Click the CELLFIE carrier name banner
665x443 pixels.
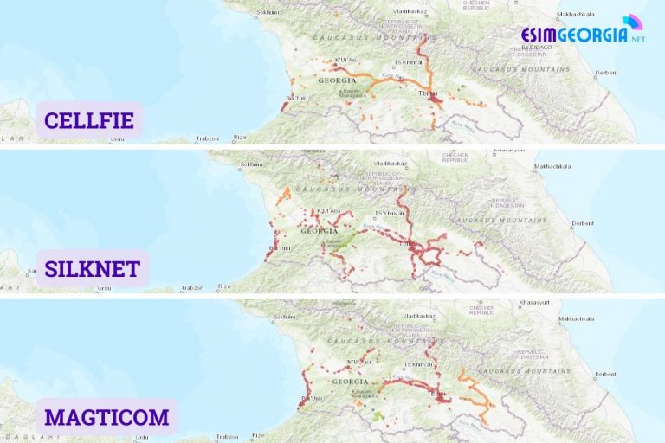89,120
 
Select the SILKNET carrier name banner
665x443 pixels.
92,268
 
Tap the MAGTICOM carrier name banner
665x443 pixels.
107,417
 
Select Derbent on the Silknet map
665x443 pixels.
582,222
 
